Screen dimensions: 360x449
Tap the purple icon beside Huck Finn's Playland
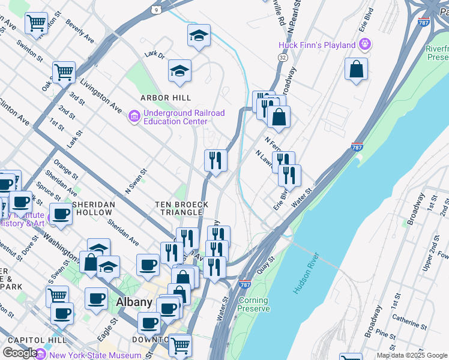(x=364, y=44)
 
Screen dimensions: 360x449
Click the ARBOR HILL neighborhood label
(x=166, y=98)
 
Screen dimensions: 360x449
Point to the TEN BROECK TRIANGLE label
(x=182, y=209)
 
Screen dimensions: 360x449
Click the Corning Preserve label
(x=253, y=304)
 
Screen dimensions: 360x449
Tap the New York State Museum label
(x=96, y=355)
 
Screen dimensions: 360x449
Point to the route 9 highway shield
(x=156, y=10)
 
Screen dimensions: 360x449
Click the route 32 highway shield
(x=282, y=56)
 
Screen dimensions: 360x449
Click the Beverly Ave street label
(x=80, y=33)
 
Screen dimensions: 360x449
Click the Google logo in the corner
(x=20, y=353)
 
